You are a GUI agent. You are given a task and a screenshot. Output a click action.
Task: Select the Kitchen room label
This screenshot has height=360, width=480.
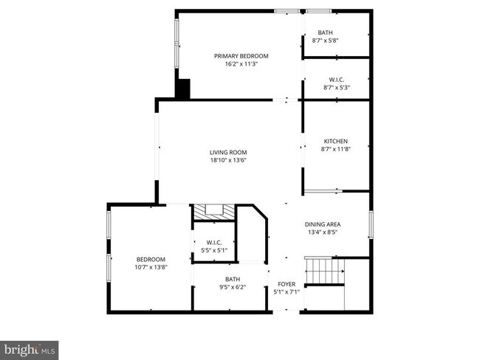[x=335, y=142]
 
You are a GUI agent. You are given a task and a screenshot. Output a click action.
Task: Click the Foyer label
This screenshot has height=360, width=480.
[x=286, y=284]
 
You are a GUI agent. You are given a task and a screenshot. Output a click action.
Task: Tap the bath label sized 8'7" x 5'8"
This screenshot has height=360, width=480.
[x=325, y=32]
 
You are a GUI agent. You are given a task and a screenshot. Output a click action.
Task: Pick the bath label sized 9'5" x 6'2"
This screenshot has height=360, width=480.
[x=233, y=279]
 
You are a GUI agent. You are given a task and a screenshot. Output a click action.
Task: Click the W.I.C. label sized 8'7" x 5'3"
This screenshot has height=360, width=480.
[x=336, y=79]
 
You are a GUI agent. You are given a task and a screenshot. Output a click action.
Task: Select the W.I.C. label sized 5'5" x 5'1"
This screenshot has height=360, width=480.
[x=214, y=242]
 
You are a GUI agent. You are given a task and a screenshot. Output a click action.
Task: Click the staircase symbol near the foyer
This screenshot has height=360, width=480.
[x=325, y=271]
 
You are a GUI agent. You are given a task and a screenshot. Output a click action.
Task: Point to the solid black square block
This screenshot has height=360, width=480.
[x=182, y=89]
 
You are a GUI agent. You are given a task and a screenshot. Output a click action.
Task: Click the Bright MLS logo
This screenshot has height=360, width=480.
[x=30, y=347]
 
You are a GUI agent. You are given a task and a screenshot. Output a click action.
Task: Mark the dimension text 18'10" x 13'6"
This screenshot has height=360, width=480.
[x=227, y=160]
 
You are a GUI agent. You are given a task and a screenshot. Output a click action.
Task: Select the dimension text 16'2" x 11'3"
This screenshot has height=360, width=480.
[x=241, y=64]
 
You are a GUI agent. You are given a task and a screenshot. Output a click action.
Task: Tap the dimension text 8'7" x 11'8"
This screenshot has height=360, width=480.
[x=335, y=149]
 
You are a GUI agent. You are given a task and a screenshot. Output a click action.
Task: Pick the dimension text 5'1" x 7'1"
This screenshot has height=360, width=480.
[x=286, y=291]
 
